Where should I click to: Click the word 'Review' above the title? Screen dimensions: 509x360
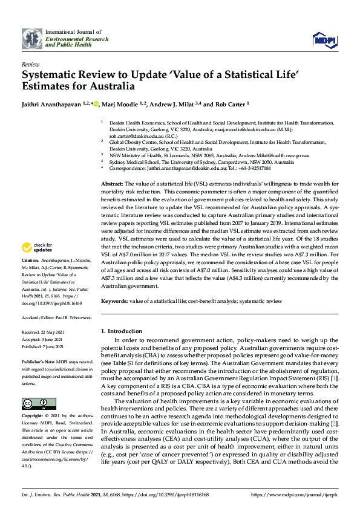(30, 63)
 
